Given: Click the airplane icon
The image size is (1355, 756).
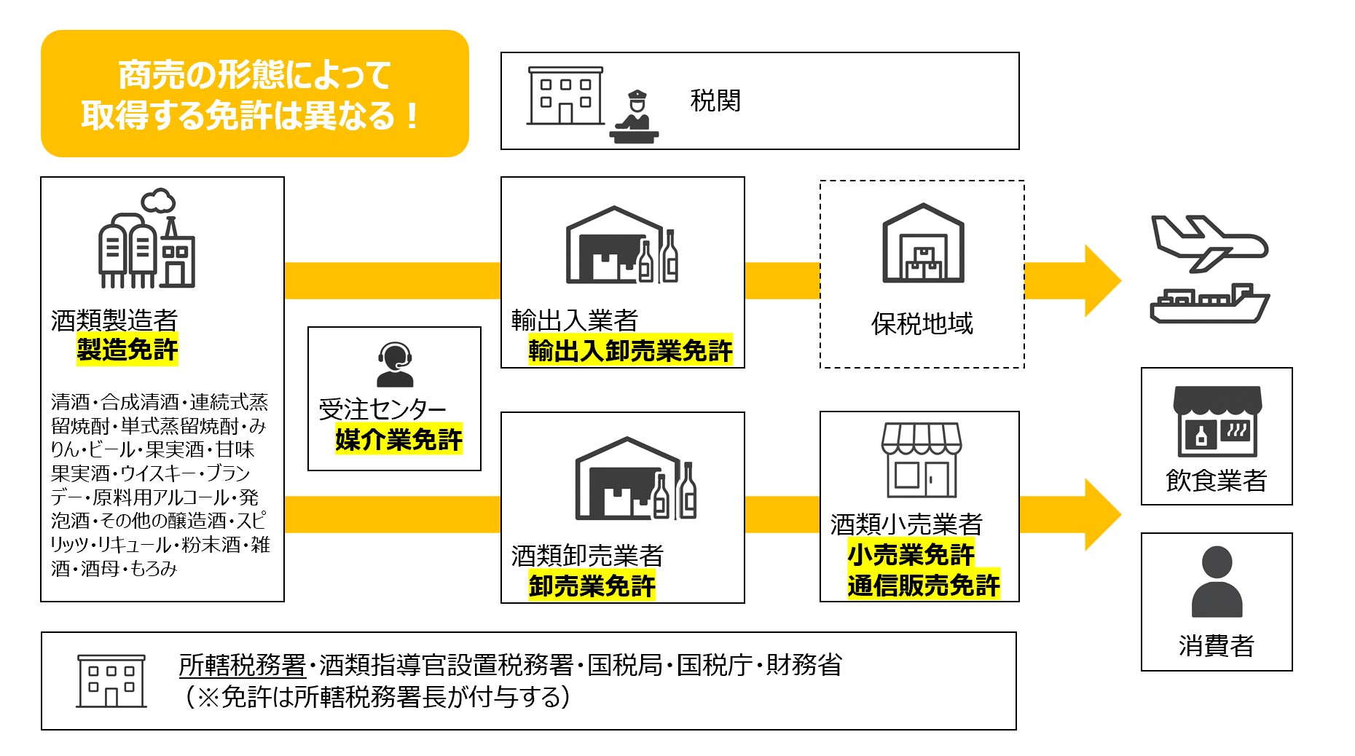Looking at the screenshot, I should (x=1209, y=242).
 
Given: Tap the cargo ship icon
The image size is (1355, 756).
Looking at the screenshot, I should (x=1209, y=303).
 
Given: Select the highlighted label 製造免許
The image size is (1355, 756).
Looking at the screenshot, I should (x=127, y=350).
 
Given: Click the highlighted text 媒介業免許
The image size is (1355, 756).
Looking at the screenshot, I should (x=398, y=439).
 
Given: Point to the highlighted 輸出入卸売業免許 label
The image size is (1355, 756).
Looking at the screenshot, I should (x=630, y=351).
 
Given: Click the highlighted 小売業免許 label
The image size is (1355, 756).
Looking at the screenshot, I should (x=911, y=555).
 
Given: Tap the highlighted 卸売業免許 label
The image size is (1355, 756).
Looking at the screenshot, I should (x=592, y=586).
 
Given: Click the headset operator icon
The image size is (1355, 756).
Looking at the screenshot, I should (x=394, y=364).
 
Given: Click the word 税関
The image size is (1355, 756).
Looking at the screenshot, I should (x=715, y=101).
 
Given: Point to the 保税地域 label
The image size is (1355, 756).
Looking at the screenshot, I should (x=922, y=323).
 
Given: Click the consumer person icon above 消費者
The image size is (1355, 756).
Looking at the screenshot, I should (x=1217, y=581).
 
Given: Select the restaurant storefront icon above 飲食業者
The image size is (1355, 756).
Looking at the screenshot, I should (x=1217, y=421).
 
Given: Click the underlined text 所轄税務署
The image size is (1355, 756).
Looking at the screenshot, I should (x=242, y=664).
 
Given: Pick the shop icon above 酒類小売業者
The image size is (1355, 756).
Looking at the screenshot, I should (x=921, y=460).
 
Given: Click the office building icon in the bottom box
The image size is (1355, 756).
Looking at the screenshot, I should (x=111, y=681).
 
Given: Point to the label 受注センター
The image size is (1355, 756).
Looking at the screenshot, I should (x=382, y=409).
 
